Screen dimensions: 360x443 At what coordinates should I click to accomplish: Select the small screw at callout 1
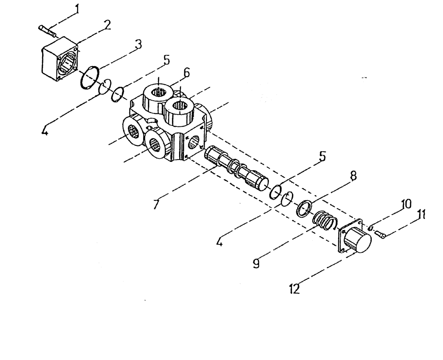47,30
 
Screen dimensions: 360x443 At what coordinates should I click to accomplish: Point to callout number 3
139,44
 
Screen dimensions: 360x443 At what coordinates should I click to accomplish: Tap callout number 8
353,175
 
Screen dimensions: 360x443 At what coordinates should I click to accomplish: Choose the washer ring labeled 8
304,207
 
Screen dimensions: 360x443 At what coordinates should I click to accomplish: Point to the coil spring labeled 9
325,220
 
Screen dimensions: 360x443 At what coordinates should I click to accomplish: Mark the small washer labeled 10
370,227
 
